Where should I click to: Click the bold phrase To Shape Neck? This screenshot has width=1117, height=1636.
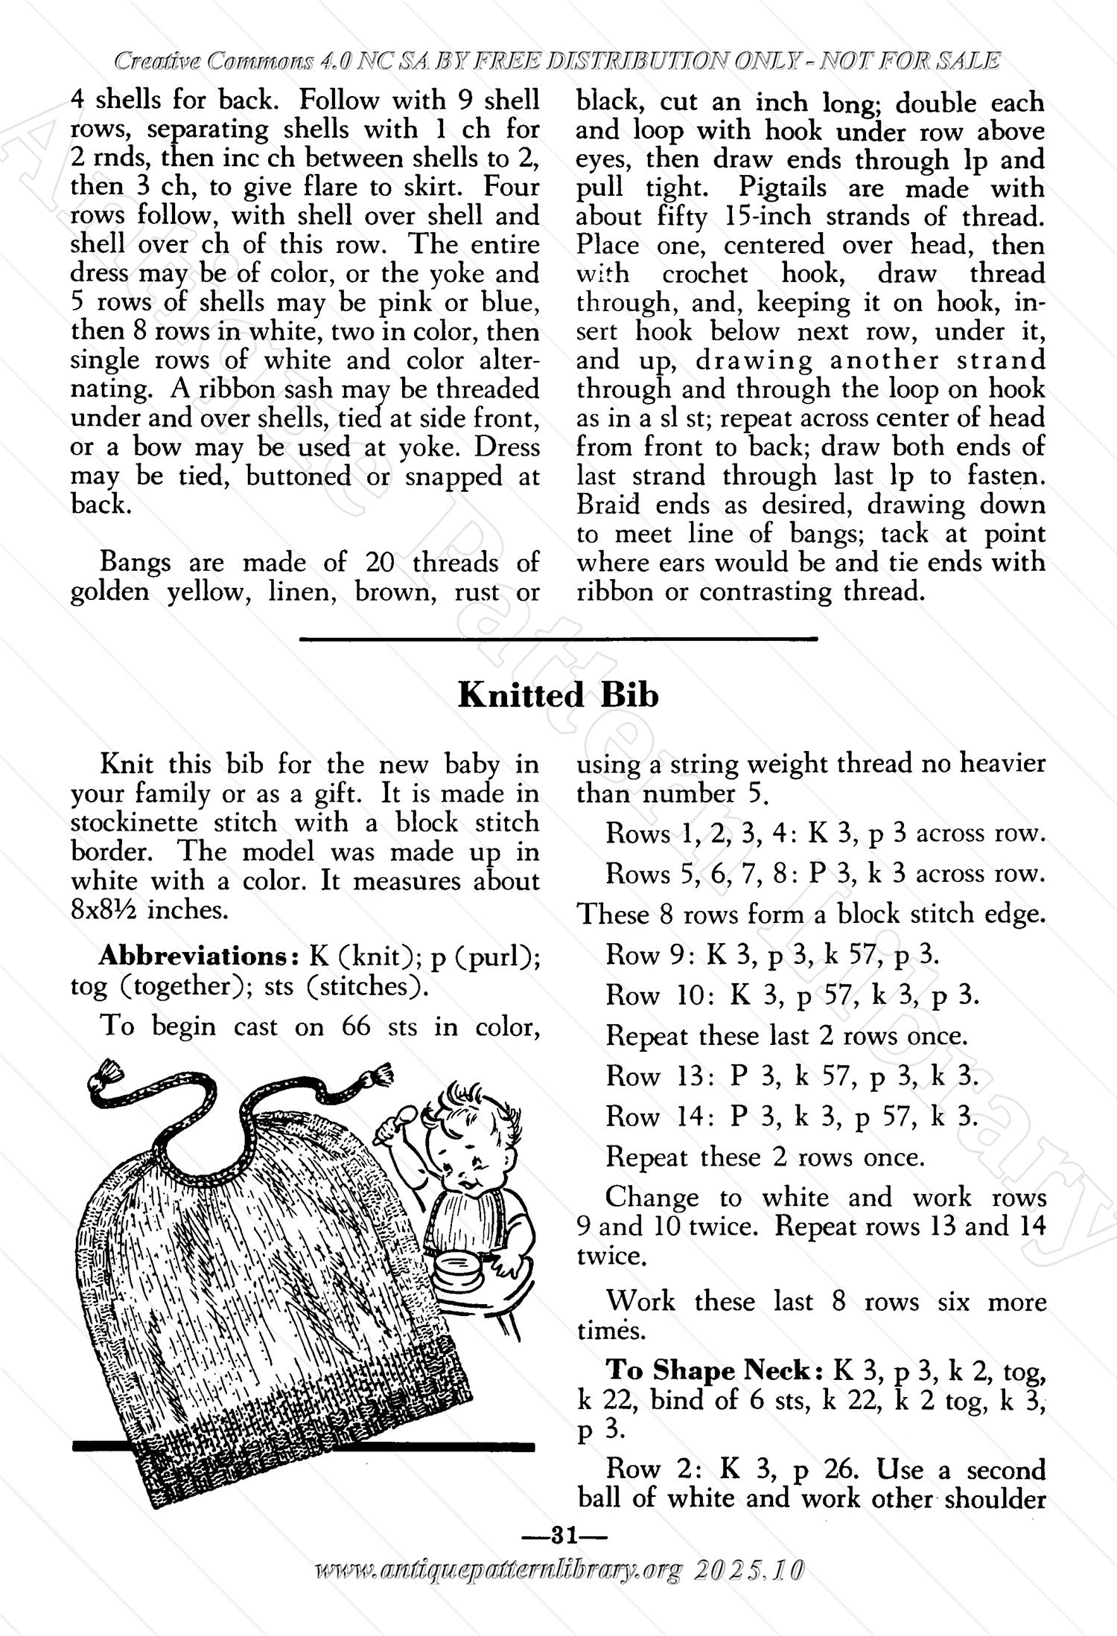717,1370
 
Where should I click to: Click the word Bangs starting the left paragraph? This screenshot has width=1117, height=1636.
136,562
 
